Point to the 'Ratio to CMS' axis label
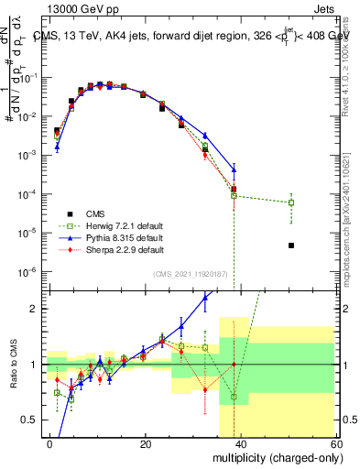(13, 365)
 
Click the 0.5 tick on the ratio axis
(33, 420)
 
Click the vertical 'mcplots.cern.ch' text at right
(350, 229)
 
